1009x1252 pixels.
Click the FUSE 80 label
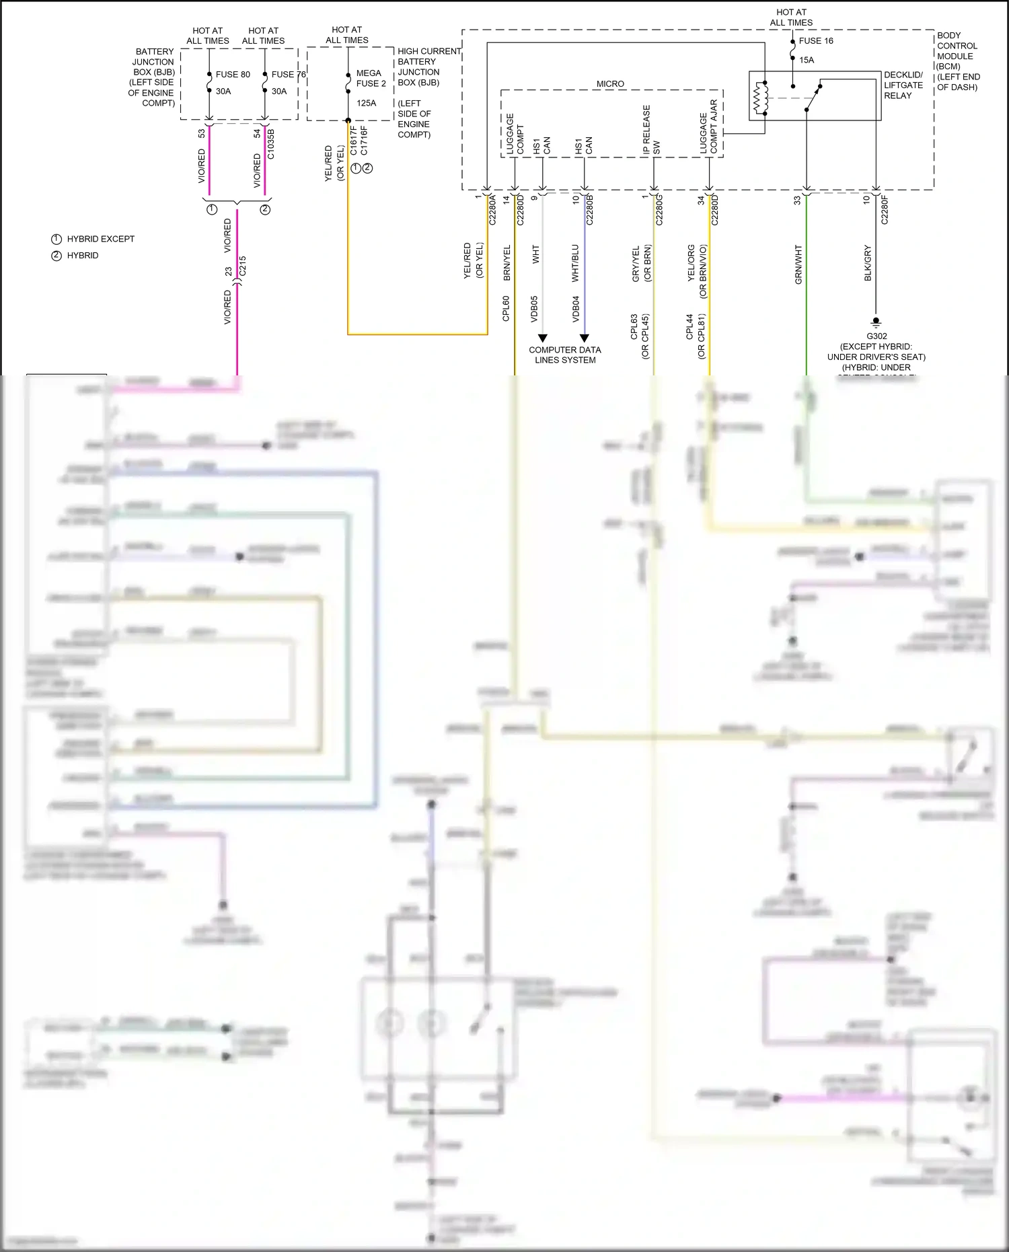click(233, 75)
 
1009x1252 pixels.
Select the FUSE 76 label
click(289, 75)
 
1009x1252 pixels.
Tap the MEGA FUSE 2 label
click(371, 78)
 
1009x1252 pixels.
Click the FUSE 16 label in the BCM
click(816, 41)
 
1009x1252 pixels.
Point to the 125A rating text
click(367, 103)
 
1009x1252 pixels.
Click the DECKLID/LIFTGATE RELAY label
click(903, 85)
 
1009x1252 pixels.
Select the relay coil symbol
click(760, 98)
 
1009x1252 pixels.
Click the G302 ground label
click(876, 336)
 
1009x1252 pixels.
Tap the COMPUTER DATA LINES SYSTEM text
click(565, 355)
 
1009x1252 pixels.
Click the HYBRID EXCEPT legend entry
click(100, 239)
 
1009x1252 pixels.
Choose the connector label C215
click(243, 265)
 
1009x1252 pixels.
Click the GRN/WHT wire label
click(798, 264)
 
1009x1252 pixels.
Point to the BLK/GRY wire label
click(868, 263)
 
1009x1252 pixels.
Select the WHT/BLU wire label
click(575, 263)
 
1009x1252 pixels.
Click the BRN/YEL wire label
click(507, 263)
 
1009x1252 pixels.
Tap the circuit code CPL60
click(506, 308)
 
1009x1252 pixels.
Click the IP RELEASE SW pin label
click(651, 130)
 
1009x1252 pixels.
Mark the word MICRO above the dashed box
click(610, 84)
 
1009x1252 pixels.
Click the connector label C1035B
click(270, 144)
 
